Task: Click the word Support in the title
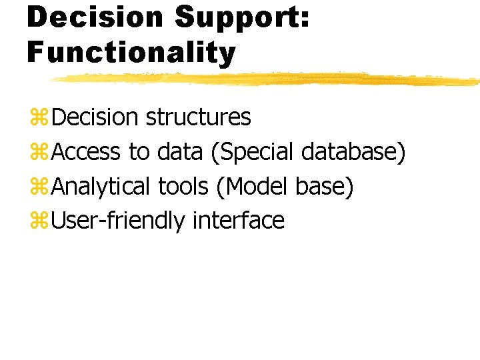[x=242, y=19]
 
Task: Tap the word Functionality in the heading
[x=131, y=53]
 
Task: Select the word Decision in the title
[x=95, y=16]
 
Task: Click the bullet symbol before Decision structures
[x=39, y=117]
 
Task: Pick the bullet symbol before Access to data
[x=39, y=151]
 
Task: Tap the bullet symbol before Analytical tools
[x=39, y=186]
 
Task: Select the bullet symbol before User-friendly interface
[x=39, y=221]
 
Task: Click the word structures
[x=199, y=117]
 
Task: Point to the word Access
[x=86, y=152]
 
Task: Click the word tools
[x=183, y=187]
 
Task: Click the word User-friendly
[x=118, y=221]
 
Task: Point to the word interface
[x=239, y=221]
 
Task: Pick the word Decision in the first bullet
[x=95, y=117]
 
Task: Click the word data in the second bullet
[x=180, y=151]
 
